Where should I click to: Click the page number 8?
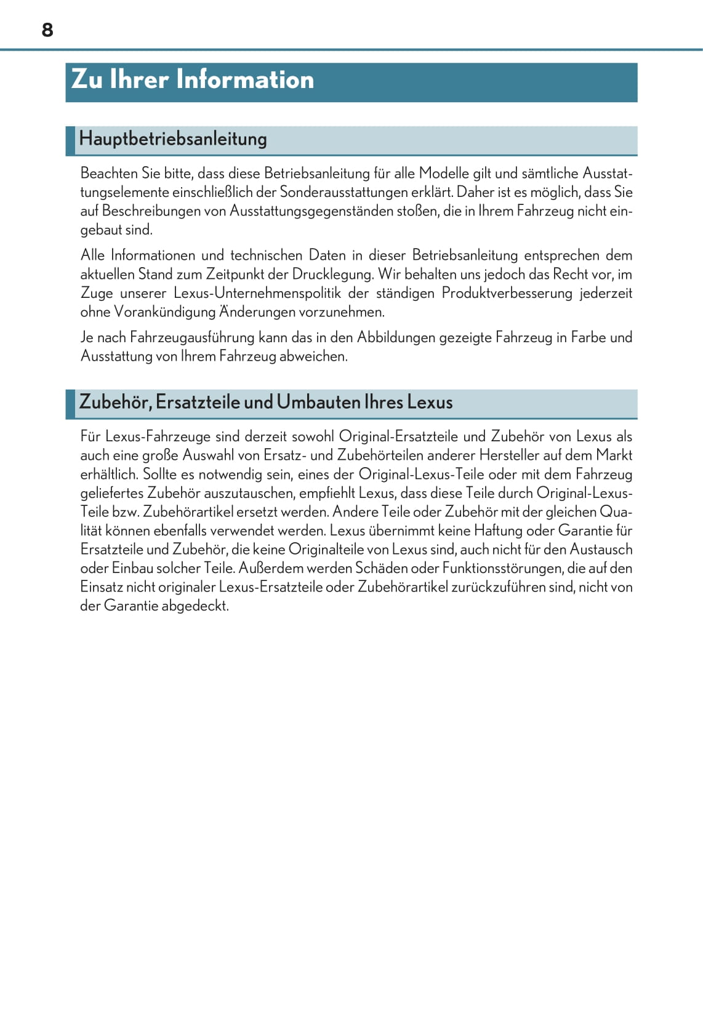[x=47, y=30]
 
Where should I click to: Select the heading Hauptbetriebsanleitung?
[x=173, y=138]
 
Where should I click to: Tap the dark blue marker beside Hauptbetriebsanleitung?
[x=70, y=141]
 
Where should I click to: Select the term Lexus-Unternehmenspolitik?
[x=257, y=293]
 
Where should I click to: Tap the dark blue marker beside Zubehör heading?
[x=70, y=404]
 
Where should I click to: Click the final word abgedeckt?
[x=195, y=606]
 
